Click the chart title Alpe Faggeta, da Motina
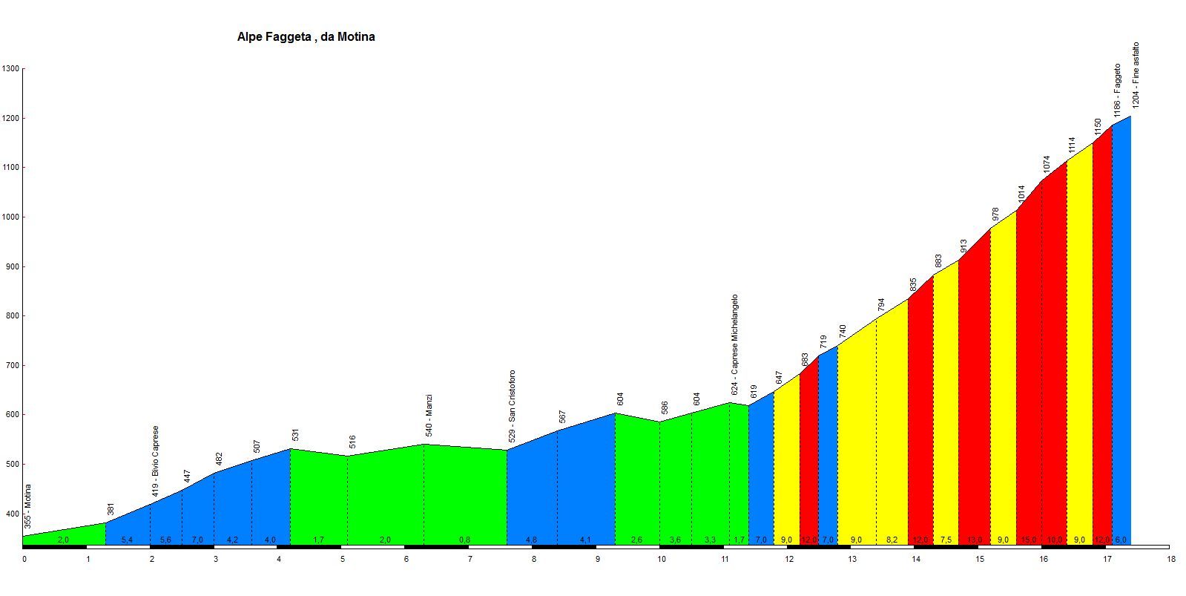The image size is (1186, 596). pos(306,37)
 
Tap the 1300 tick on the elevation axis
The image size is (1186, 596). pos(10,69)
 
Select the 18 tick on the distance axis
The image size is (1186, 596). pos(1171,559)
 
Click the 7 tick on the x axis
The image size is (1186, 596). pos(470,559)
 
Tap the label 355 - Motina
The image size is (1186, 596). pos(28,506)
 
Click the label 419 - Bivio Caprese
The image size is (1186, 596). pos(156,461)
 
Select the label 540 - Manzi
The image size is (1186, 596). pos(429,415)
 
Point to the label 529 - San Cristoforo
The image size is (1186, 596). pos(512,406)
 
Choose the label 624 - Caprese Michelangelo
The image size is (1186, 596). pos(734,344)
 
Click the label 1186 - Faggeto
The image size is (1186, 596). pos(1117,90)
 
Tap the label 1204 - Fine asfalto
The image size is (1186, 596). pos(1136,75)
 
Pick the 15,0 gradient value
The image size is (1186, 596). pos(1029,540)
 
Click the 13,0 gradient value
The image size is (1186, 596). pos(974,540)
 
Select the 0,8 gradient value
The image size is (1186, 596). pos(464,540)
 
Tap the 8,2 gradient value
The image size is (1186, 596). pos(892,540)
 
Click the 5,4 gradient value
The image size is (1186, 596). pos(127,540)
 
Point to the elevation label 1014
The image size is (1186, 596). pos(1021,194)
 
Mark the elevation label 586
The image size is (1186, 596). pos(665,408)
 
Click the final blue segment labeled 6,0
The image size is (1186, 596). pos(1121,334)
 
